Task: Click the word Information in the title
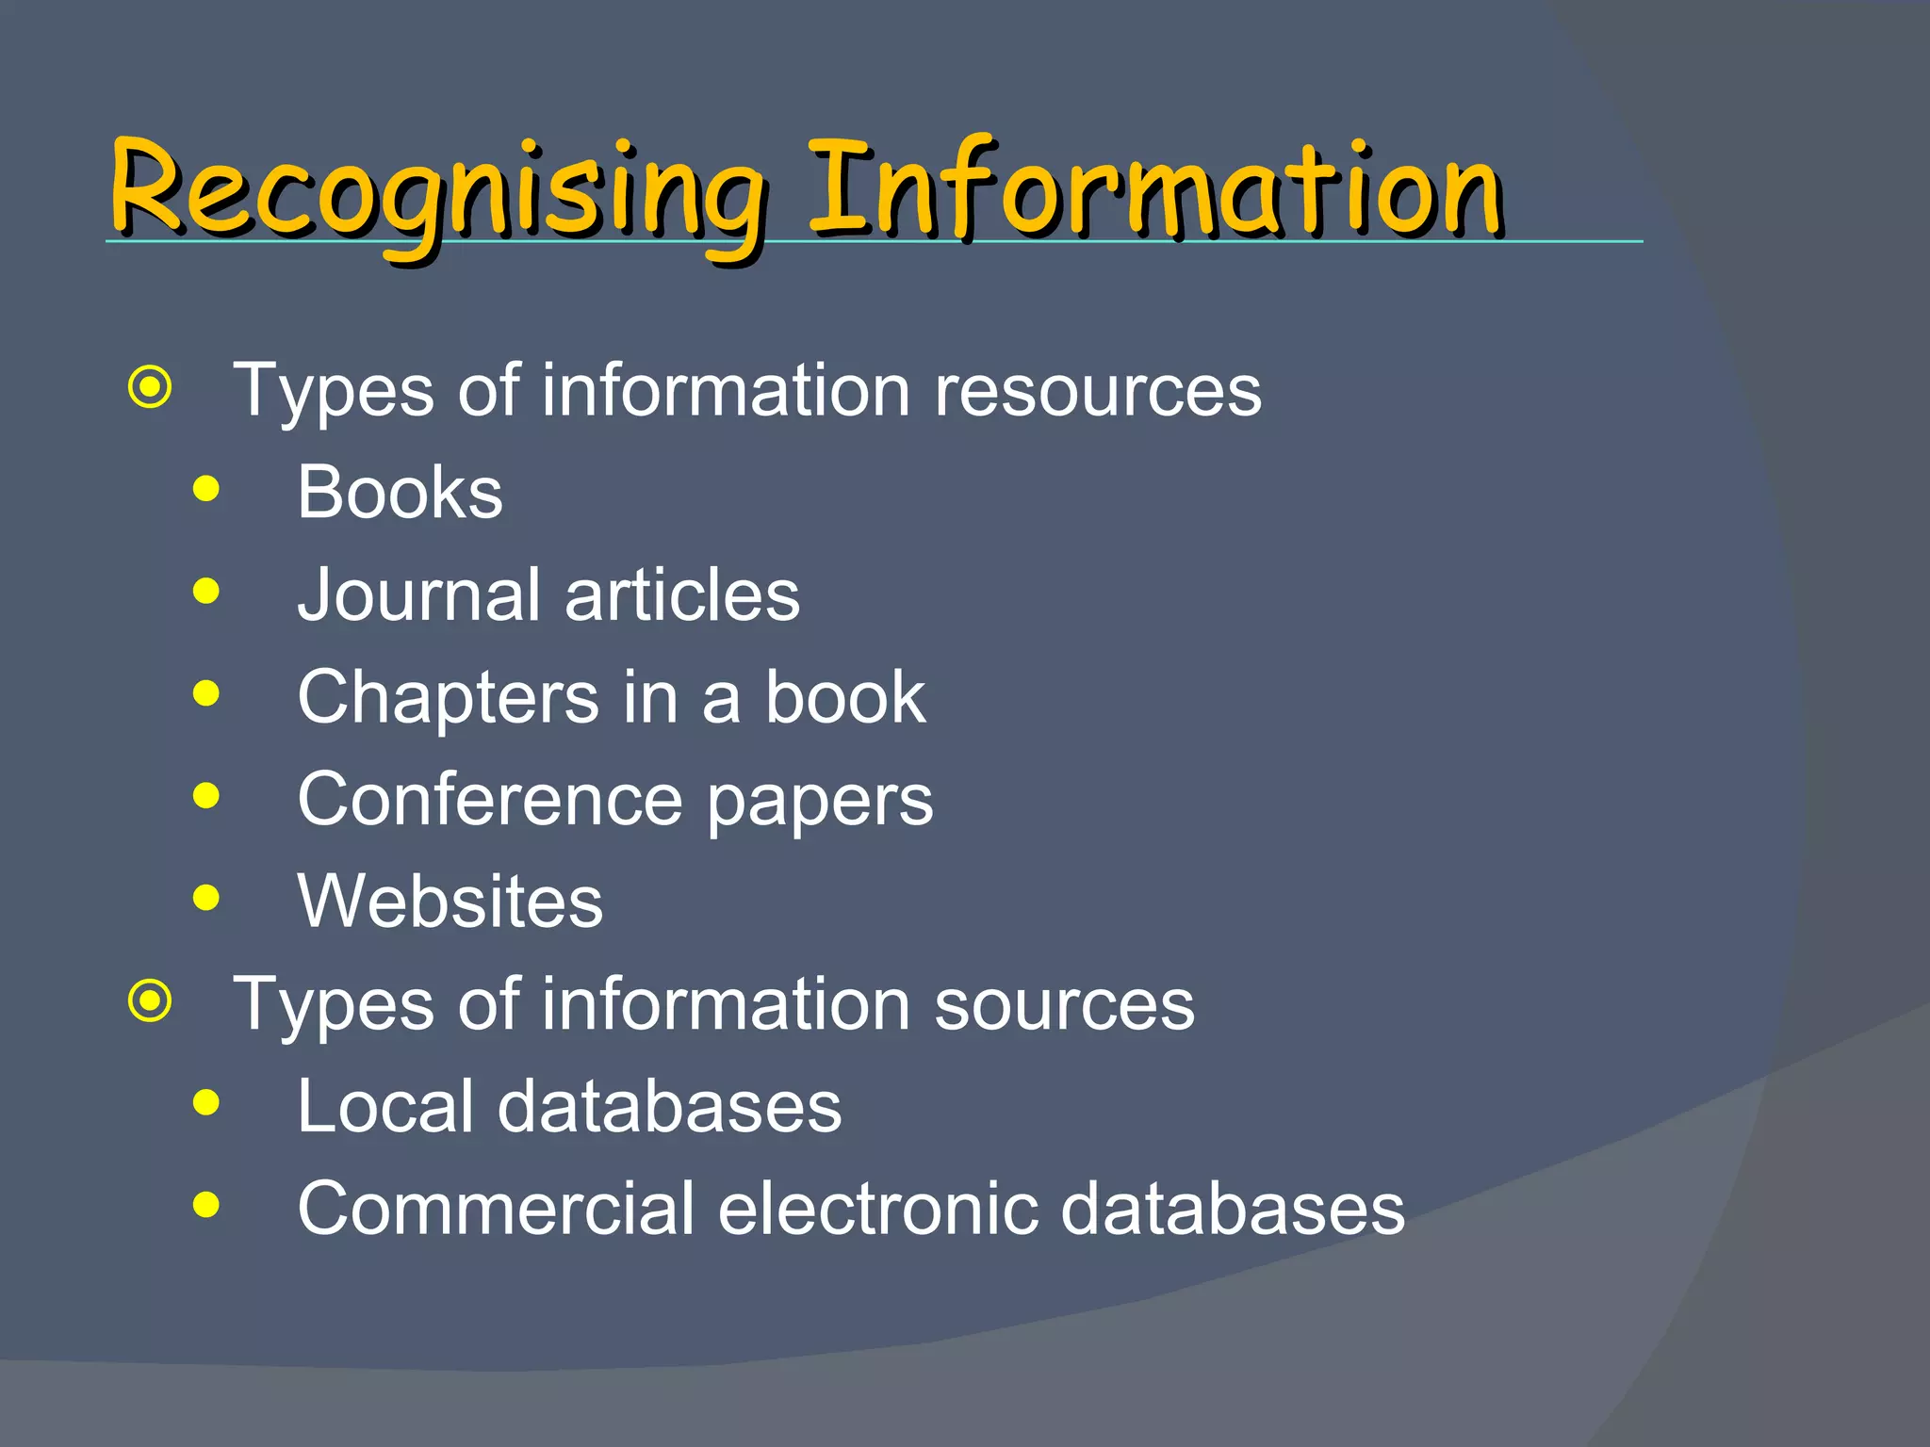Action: coord(1154,188)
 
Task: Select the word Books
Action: coord(400,493)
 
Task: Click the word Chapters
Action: coord(449,698)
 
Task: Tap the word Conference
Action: coord(490,800)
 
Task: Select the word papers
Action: coord(820,803)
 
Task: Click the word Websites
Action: coord(450,902)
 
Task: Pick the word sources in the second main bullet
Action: coord(1064,1005)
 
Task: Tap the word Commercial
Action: coord(496,1209)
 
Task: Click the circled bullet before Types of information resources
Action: coord(151,387)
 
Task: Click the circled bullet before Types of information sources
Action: coord(151,1001)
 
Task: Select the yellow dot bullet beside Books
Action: coord(205,489)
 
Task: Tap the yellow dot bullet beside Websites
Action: coord(205,898)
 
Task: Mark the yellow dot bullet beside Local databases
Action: coord(205,1102)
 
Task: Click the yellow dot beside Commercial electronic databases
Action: coord(205,1204)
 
